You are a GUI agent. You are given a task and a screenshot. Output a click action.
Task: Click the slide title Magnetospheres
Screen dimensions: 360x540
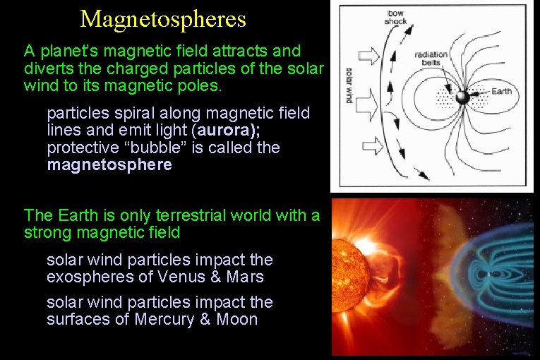(163, 19)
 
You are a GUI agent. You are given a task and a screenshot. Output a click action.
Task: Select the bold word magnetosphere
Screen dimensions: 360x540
(109, 165)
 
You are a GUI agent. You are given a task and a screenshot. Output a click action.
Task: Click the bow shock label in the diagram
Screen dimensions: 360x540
(395, 17)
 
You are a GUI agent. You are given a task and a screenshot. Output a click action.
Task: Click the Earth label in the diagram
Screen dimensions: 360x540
(502, 91)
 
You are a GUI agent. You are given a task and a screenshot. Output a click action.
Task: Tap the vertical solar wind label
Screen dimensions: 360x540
(349, 85)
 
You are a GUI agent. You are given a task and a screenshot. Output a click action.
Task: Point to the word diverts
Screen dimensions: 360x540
(47, 68)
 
